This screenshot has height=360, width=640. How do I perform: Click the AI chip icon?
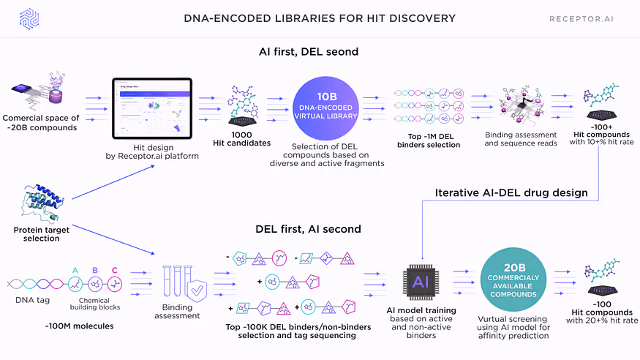pos(421,281)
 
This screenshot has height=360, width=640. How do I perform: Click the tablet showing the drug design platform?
pos(152,108)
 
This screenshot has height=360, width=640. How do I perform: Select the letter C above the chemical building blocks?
pos(114,270)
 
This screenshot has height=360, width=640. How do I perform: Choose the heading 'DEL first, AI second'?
pos(308,229)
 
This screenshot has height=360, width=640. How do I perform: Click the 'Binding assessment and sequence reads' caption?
pos(521,139)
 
